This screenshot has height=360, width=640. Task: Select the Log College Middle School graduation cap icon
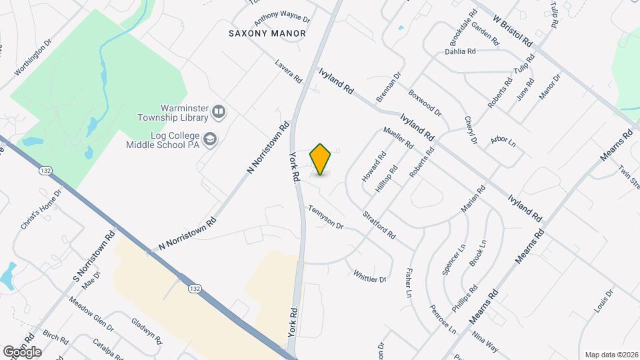click(211, 139)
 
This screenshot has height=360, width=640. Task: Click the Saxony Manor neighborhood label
click(267, 33)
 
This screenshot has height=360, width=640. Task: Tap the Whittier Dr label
click(370, 275)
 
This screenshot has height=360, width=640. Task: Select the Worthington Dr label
click(33, 59)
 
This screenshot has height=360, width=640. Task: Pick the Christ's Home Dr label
click(41, 209)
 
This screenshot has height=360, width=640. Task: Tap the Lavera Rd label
click(289, 71)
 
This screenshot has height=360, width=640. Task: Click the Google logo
click(22, 351)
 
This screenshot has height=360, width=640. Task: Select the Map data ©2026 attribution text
click(611, 355)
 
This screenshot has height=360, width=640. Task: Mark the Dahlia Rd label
click(460, 51)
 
